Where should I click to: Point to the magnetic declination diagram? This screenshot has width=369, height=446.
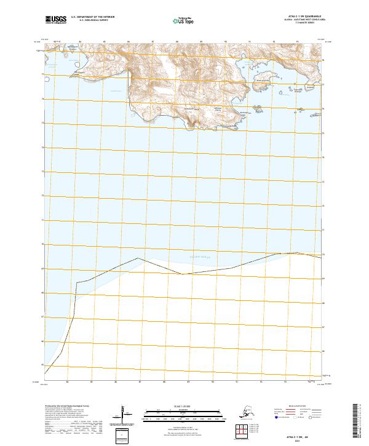pos(122,413)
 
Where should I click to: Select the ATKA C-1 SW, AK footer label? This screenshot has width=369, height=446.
pos(302,434)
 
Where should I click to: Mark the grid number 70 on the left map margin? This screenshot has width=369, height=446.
pos(42,244)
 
